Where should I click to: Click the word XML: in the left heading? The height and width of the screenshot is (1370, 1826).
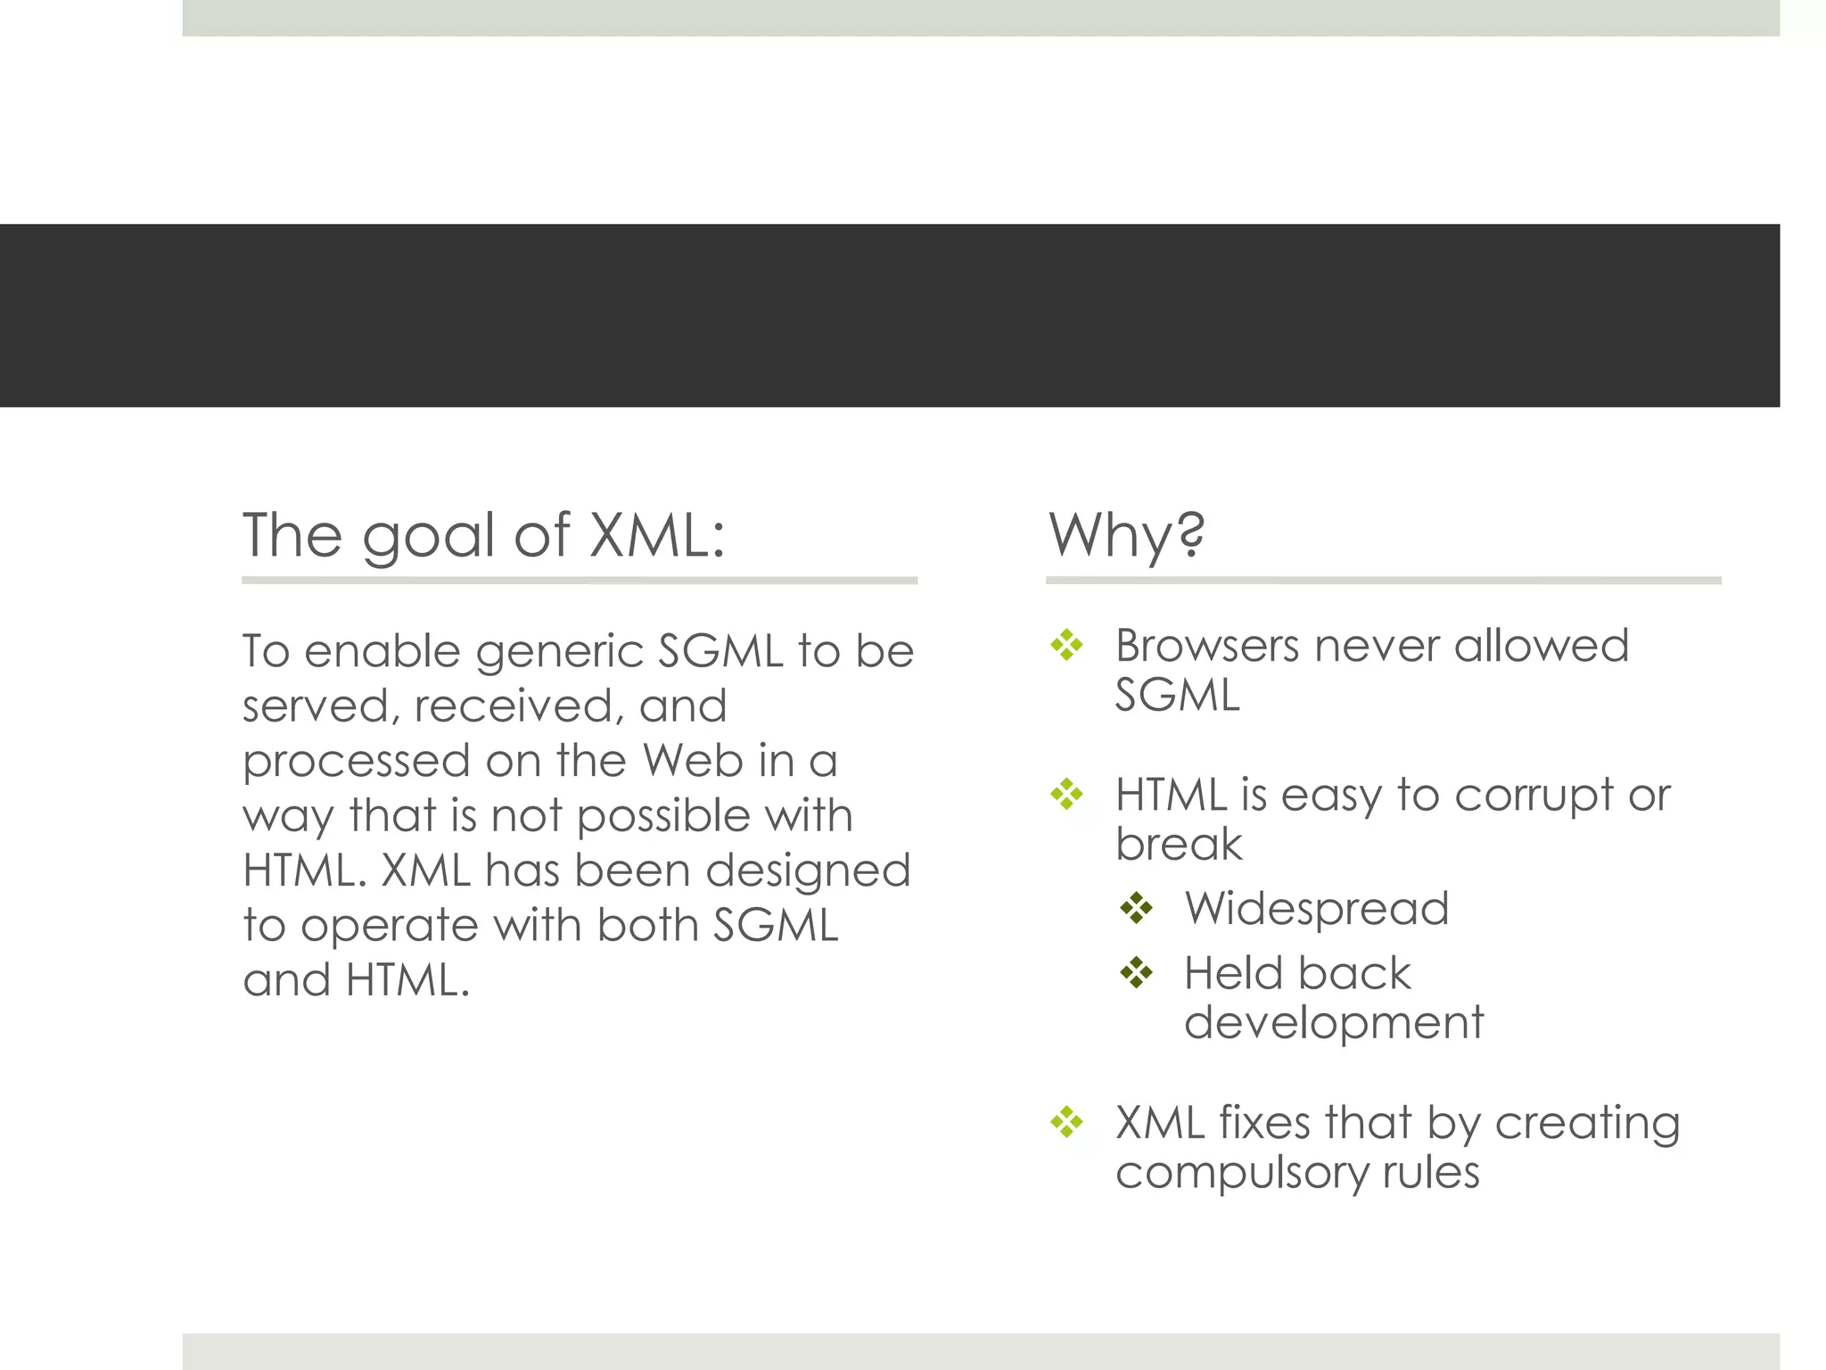tap(658, 535)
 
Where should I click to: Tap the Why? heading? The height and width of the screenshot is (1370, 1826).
tap(1126, 535)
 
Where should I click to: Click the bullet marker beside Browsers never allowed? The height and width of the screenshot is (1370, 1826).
tap(1066, 645)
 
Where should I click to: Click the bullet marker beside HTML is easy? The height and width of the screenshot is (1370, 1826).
tap(1066, 794)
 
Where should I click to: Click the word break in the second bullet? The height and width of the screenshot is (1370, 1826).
tap(1178, 844)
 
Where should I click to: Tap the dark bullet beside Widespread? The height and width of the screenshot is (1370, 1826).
tap(1136, 909)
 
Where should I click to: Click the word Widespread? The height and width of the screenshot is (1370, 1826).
tap(1316, 909)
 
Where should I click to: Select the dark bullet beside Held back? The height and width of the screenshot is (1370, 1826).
tap(1136, 972)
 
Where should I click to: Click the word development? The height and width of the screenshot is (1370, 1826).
tap(1333, 1022)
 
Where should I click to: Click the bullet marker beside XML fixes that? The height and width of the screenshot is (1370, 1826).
tap(1066, 1122)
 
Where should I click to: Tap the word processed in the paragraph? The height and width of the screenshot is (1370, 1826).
tap(356, 763)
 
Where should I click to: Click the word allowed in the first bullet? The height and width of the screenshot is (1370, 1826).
tap(1541, 646)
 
